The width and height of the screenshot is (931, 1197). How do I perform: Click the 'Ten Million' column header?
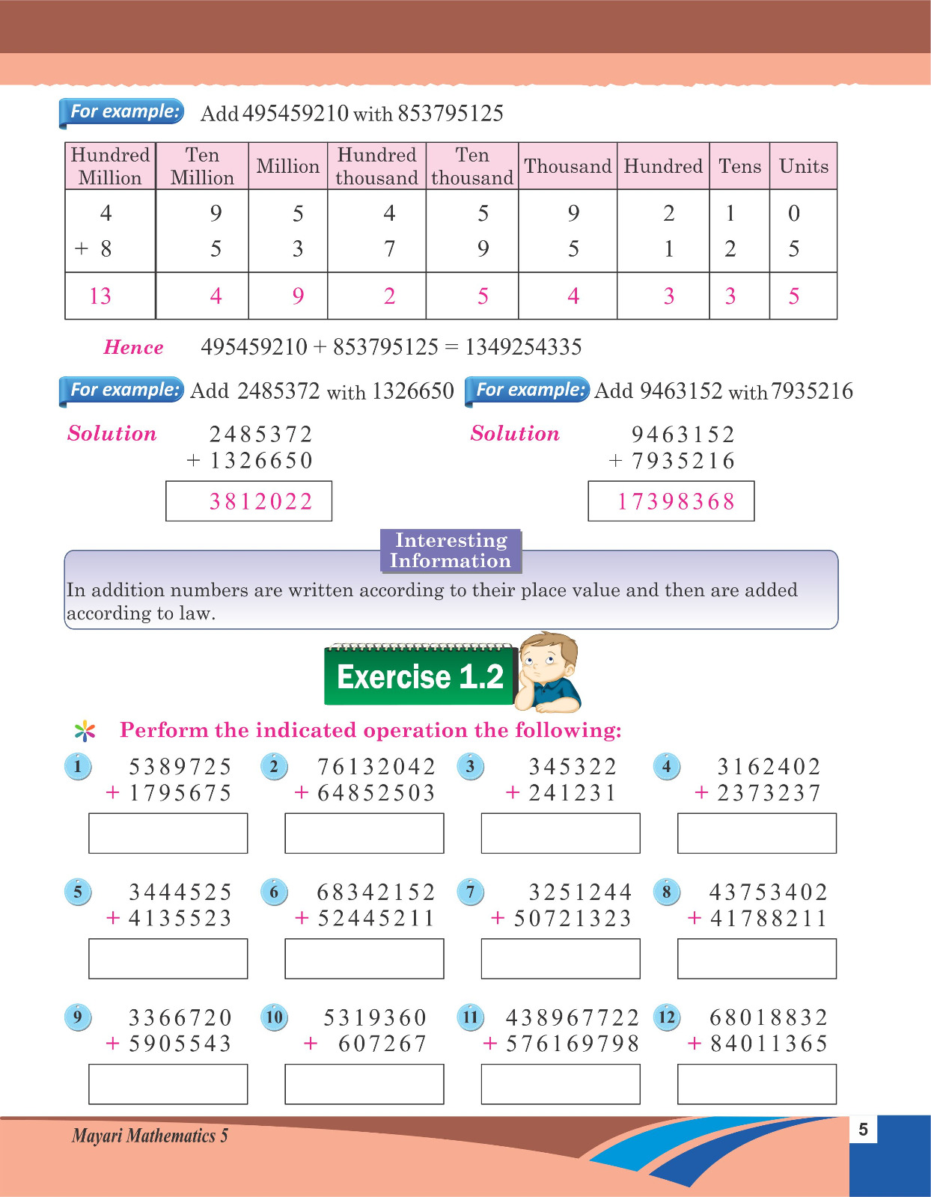pyautogui.click(x=202, y=166)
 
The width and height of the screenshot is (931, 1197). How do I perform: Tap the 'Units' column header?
pyautogui.click(x=803, y=166)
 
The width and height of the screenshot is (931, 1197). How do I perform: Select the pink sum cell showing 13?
pyautogui.click(x=100, y=296)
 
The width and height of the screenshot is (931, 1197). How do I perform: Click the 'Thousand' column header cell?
pyautogui.click(x=567, y=166)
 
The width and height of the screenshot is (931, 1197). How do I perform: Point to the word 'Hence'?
pyautogui.click(x=133, y=347)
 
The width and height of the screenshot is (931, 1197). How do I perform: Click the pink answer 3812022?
pyautogui.click(x=260, y=501)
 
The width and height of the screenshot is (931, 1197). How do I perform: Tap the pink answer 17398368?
pyautogui.click(x=676, y=501)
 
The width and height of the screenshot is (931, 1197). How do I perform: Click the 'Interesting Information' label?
pyautogui.click(x=450, y=551)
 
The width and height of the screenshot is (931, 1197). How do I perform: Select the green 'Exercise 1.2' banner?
pyautogui.click(x=420, y=676)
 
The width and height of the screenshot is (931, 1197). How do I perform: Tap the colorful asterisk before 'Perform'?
pyautogui.click(x=85, y=730)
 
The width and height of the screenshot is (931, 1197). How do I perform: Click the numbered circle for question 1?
pyautogui.click(x=78, y=766)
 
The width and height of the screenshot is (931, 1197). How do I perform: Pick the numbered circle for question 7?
pyautogui.click(x=470, y=892)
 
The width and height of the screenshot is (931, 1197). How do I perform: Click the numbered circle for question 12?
pyautogui.click(x=666, y=1017)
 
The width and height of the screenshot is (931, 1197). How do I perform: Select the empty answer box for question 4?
pyautogui.click(x=757, y=833)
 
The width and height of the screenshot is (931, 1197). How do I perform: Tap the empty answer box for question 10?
pyautogui.click(x=364, y=1085)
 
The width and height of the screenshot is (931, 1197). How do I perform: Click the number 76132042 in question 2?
pyautogui.click(x=376, y=767)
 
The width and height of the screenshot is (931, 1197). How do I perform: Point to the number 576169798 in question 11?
pyautogui.click(x=573, y=1044)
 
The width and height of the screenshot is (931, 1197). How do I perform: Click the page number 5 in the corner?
pyautogui.click(x=863, y=1130)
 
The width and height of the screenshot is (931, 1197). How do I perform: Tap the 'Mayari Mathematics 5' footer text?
pyautogui.click(x=150, y=1136)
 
